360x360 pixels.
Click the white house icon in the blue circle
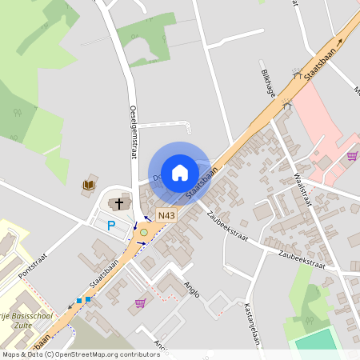tap(180, 171)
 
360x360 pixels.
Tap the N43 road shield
tap(166, 215)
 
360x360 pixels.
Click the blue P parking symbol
tap(112, 226)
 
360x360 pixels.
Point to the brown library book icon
tap(87, 186)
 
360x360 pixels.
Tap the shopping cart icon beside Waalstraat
tap(351, 156)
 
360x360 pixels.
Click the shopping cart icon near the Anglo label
tap(141, 303)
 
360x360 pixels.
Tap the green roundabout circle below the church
tap(143, 232)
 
